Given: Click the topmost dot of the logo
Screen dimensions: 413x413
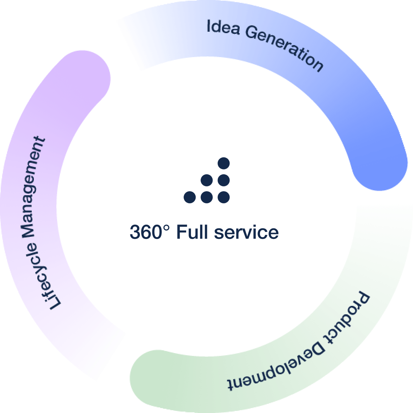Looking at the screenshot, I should click(x=224, y=164).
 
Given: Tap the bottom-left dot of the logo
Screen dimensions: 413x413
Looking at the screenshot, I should click(x=190, y=197).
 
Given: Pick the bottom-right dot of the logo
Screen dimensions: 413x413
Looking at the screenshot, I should click(x=224, y=197).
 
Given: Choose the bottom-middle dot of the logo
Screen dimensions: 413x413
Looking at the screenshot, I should click(x=207, y=197).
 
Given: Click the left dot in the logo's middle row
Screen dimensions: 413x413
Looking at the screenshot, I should click(x=207, y=180).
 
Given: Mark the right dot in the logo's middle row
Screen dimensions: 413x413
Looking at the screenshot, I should click(x=224, y=180).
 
